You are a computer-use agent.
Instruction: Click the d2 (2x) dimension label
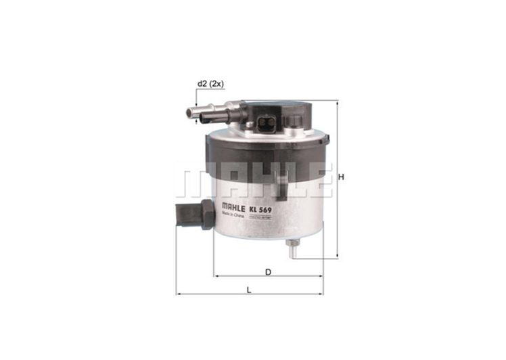[210, 83]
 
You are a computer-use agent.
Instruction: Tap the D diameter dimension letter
[268, 272]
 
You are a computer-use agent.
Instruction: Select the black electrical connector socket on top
[267, 124]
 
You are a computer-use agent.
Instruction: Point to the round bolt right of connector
[296, 121]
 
